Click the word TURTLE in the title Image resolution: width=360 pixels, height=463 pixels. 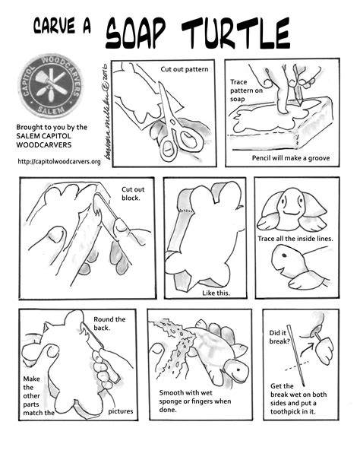click(x=235, y=33)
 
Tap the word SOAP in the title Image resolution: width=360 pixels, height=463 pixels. click(x=135, y=33)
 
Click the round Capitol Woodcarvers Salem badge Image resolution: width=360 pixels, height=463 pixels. click(x=50, y=86)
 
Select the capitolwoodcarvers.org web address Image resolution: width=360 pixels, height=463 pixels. click(x=59, y=161)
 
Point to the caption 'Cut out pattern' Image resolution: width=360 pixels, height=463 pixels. click(x=185, y=69)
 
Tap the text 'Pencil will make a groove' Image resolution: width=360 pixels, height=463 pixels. click(x=291, y=158)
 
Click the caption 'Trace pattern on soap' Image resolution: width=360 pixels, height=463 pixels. click(x=246, y=90)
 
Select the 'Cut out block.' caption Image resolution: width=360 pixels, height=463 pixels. click(x=133, y=194)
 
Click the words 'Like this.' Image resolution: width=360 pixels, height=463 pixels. click(x=216, y=293)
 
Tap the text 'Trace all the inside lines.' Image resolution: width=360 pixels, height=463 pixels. click(x=295, y=239)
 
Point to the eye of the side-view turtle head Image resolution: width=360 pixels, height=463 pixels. click(x=284, y=255)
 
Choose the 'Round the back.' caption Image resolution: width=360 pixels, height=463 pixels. click(x=109, y=323)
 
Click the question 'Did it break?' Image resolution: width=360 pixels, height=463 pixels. click(x=279, y=337)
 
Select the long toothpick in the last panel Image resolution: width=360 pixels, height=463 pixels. click(x=295, y=356)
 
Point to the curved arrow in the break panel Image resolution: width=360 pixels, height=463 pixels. click(x=307, y=349)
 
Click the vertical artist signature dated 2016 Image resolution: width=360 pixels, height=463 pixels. click(x=106, y=113)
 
